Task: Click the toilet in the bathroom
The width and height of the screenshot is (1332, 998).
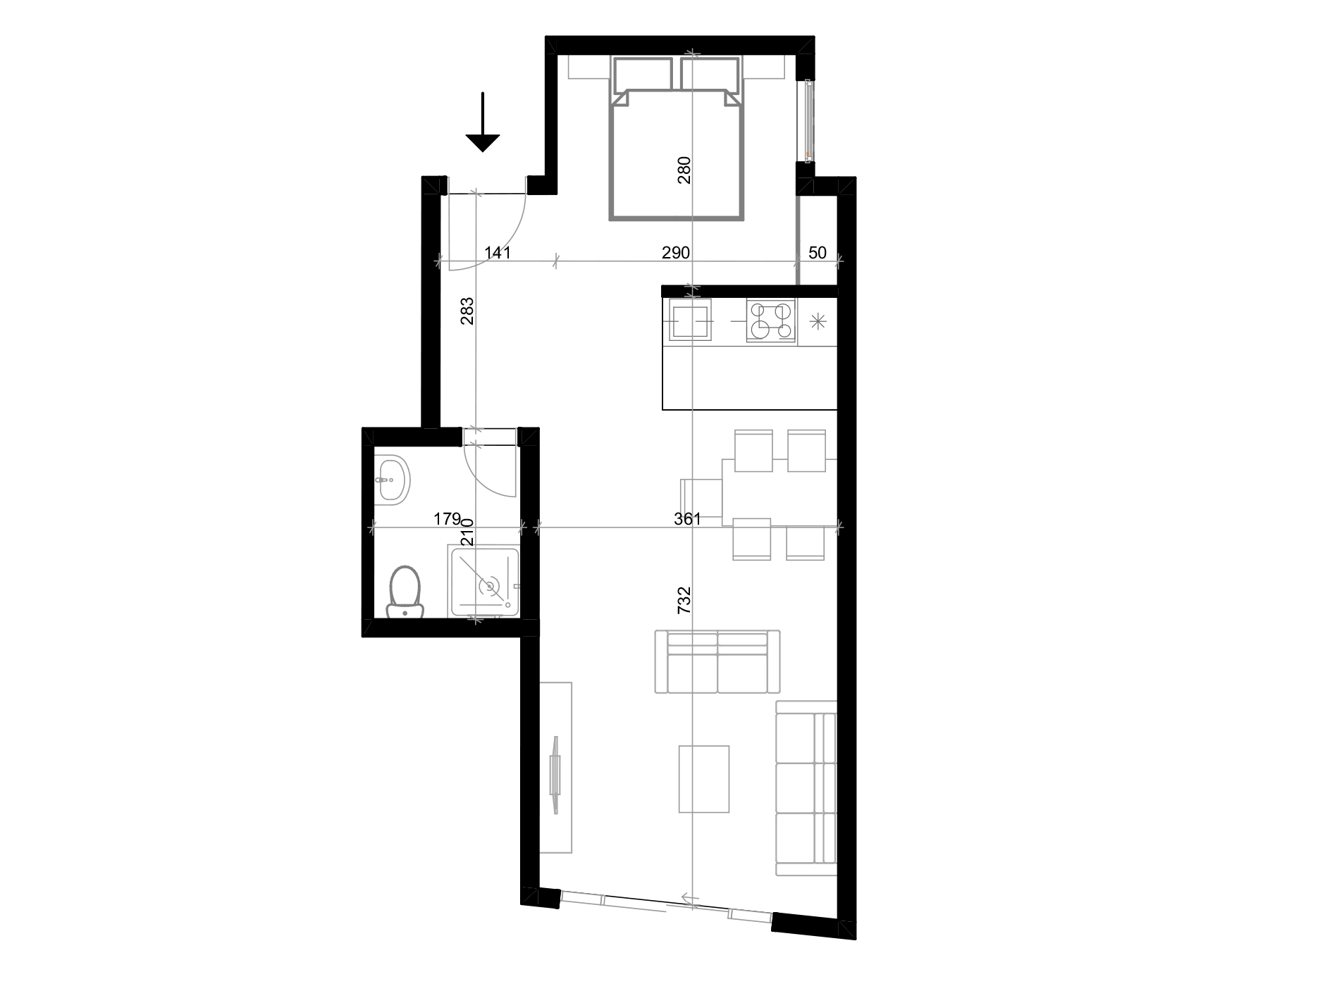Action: (405, 592)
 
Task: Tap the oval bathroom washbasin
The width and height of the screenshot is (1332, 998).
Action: (391, 479)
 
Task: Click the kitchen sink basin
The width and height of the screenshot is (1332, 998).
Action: (691, 322)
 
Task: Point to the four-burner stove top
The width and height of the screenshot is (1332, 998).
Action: (771, 321)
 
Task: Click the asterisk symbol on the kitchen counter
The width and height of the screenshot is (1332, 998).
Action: (818, 322)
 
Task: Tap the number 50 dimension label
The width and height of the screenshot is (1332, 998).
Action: (818, 253)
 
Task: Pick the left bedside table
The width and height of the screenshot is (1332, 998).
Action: (588, 68)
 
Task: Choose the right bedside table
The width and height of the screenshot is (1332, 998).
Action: (763, 68)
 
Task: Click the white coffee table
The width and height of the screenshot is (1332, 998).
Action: (703, 779)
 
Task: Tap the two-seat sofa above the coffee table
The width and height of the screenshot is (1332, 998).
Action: (717, 662)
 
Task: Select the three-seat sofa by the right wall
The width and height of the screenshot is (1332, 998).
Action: (806, 788)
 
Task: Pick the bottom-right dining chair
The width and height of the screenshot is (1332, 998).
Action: (806, 541)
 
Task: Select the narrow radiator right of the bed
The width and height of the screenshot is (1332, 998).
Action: (806, 120)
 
